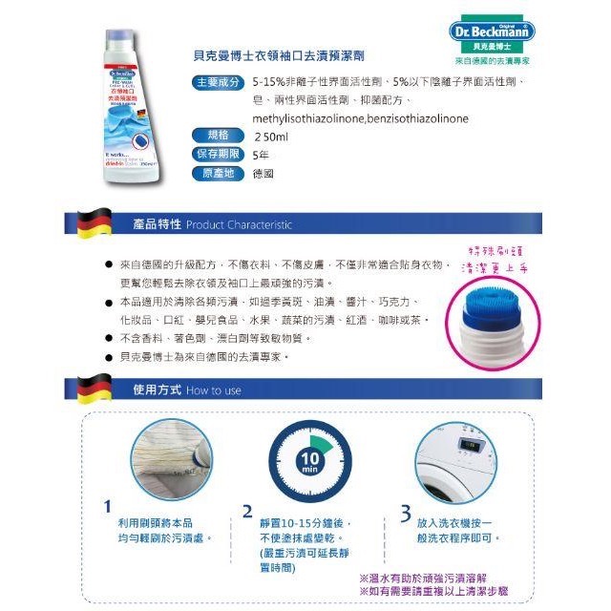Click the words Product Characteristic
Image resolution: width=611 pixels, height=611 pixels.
click(x=240, y=225)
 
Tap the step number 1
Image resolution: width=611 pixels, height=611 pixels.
click(x=108, y=508)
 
